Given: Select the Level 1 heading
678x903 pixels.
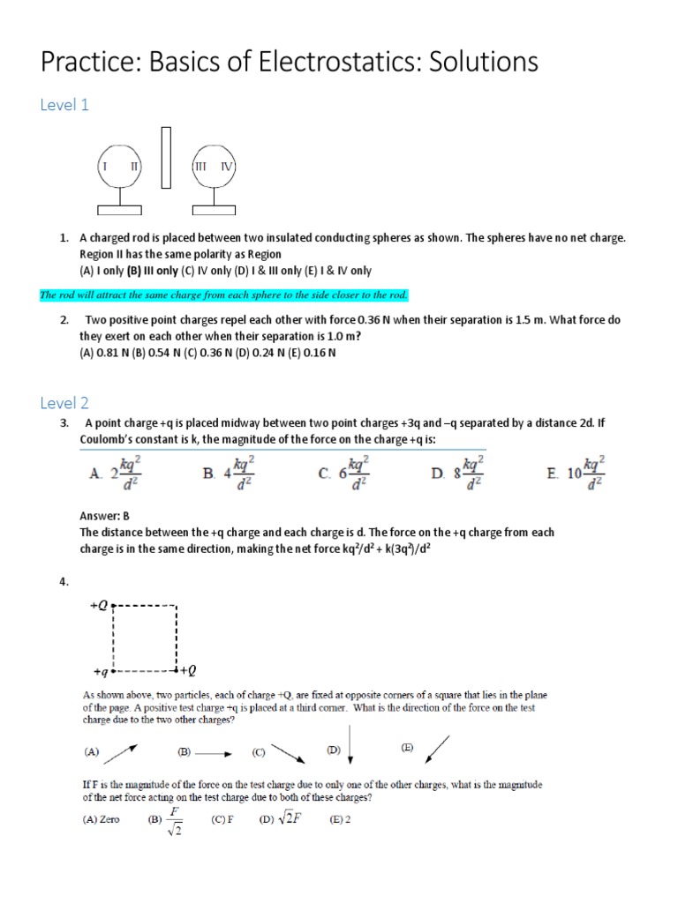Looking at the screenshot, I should point(64,105).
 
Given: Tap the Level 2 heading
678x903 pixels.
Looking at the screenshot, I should point(64,403).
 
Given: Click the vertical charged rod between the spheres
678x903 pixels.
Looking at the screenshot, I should point(166,158).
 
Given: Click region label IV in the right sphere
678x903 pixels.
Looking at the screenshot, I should point(226,166).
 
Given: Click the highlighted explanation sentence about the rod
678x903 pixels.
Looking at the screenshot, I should point(224,295).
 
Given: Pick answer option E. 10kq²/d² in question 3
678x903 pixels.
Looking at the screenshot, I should point(576,472).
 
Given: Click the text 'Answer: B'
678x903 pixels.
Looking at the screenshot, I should point(105,515).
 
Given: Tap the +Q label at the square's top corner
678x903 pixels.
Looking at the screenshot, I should point(99,606).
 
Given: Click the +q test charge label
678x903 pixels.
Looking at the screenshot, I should point(99,671).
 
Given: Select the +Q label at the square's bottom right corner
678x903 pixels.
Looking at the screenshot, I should point(189,671).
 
